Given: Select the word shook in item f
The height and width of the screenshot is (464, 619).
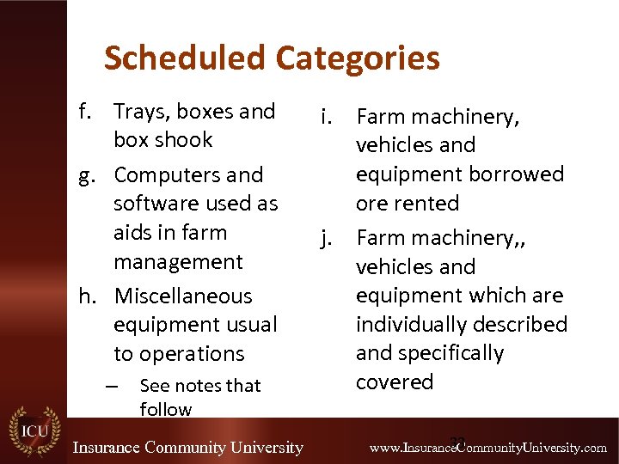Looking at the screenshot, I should tap(188, 140).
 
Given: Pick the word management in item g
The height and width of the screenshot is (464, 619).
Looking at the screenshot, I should tap(178, 261).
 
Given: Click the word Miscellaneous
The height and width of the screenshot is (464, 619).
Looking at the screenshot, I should tap(183, 296).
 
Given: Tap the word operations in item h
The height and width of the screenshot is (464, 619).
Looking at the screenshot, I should tap(179, 354).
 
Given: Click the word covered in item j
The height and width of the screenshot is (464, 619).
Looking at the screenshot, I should tap(395, 382).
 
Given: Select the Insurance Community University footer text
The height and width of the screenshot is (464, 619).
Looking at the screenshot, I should tap(187, 448).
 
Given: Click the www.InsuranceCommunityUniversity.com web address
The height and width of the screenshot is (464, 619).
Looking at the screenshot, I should tap(487, 448).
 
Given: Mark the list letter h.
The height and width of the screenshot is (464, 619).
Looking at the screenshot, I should tap(87, 296).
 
